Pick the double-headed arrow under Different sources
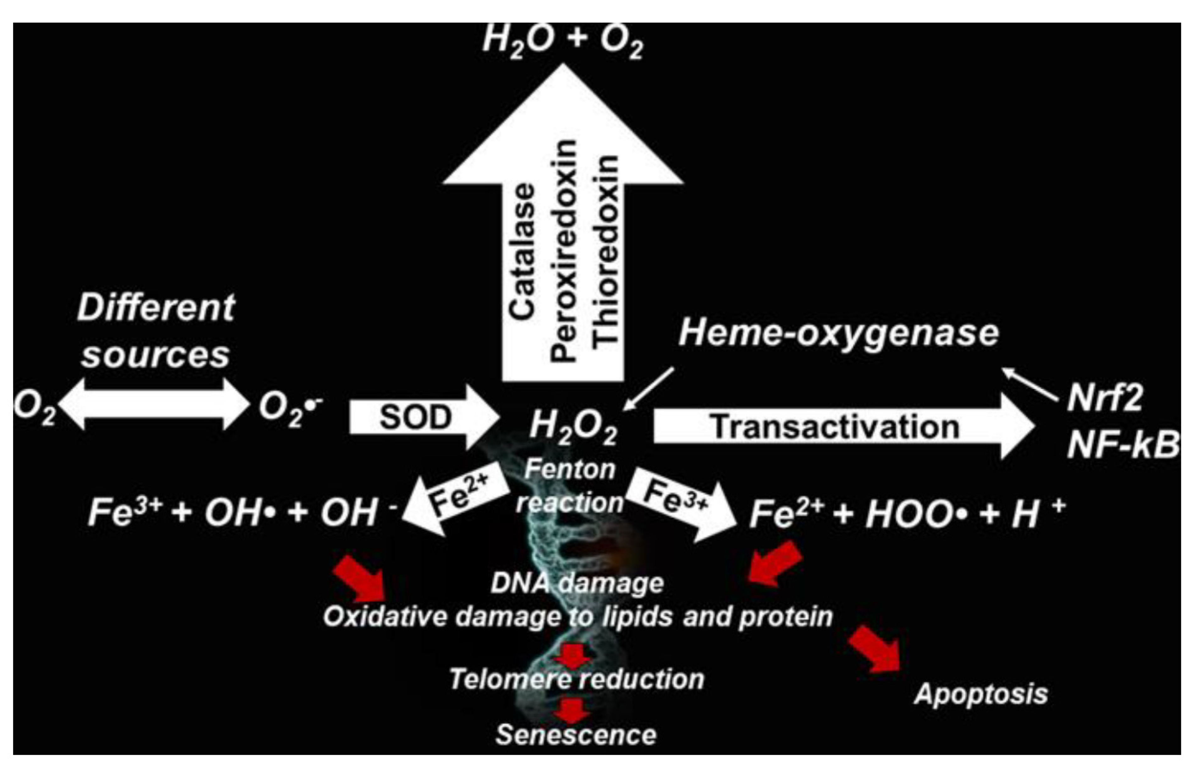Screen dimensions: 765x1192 coord(154,403)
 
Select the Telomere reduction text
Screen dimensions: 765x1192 coord(577,679)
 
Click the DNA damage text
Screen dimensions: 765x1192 coord(577,583)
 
